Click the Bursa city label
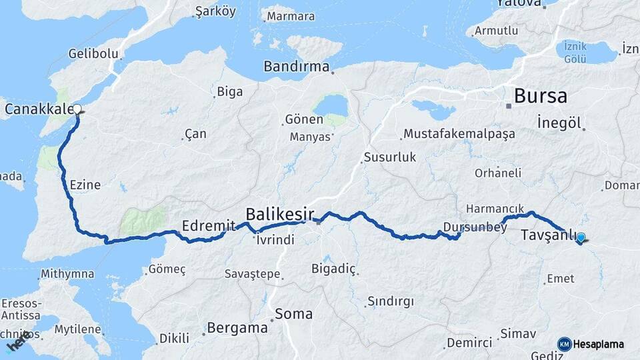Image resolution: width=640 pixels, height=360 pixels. [541, 96]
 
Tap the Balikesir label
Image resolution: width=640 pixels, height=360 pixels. [280, 215]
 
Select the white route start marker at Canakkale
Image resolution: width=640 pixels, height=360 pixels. [77, 109]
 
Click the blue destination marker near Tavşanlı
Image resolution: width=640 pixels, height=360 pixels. [581, 237]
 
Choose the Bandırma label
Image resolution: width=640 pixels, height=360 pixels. [297, 67]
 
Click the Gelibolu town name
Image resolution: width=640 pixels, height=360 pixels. [94, 53]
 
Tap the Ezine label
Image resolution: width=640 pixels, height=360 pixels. [85, 185]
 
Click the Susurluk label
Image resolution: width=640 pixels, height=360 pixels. [390, 158]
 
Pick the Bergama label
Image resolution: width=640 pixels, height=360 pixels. [237, 328]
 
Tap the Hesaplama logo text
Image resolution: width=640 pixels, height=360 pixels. [599, 345]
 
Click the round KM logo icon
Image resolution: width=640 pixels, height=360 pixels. [565, 344]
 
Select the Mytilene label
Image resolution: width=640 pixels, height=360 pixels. [77, 329]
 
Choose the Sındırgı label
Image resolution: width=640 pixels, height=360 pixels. [391, 301]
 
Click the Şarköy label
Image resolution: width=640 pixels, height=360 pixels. [215, 11]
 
